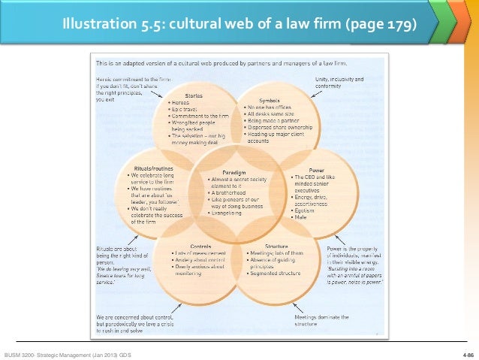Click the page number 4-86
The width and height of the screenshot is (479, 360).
coord(466,353)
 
